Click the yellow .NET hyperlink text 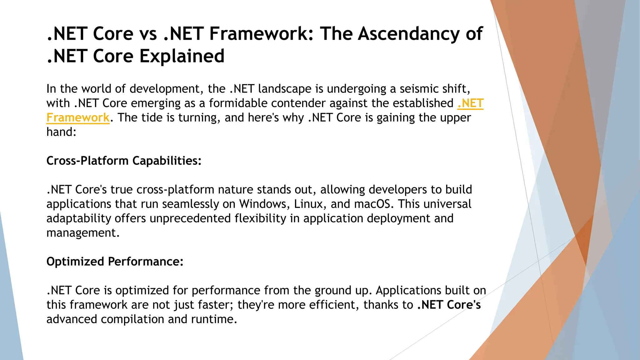(x=470, y=103)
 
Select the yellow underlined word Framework (x=78, y=118)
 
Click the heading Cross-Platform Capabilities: (x=124, y=161)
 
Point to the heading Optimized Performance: (x=115, y=262)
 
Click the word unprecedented (x=190, y=218)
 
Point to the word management (x=82, y=233)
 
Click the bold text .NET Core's (x=449, y=305)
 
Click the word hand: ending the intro (x=61, y=132)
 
